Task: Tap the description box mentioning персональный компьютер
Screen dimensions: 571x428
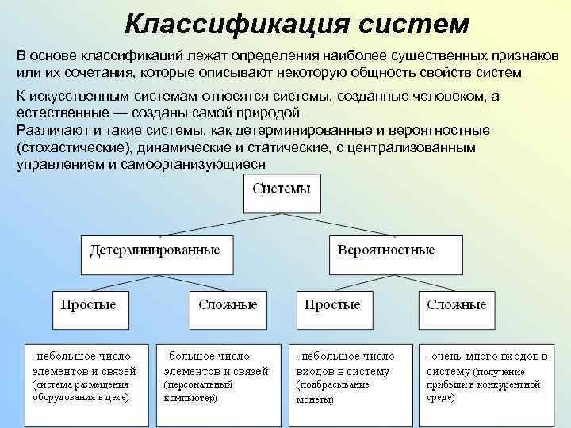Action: (216, 376)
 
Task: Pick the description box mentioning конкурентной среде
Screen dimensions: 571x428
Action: (485, 376)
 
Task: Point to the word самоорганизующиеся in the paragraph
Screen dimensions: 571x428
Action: (209, 164)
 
